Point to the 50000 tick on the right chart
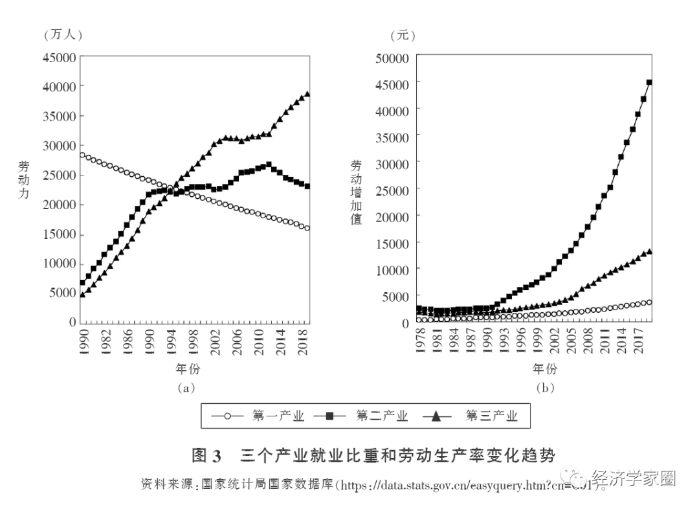(392, 58)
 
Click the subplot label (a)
(185, 388)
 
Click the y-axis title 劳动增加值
(356, 192)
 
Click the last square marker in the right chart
(649, 83)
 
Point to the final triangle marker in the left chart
(307, 94)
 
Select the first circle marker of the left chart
(82, 155)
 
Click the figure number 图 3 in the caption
(206, 455)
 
